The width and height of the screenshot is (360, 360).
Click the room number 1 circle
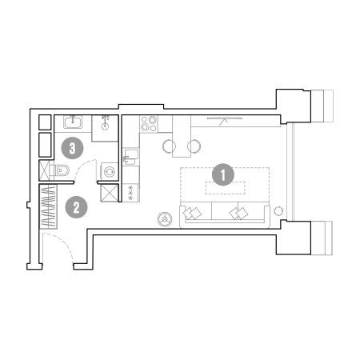(x=223, y=174)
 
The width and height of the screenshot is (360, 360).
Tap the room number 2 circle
(x=77, y=207)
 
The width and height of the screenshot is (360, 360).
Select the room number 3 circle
(x=73, y=148)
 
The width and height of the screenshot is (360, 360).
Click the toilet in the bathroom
(x=60, y=170)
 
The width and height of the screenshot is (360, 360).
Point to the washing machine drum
(x=110, y=171)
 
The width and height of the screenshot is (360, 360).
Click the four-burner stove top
(x=149, y=124)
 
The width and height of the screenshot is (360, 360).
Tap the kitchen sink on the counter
(x=130, y=157)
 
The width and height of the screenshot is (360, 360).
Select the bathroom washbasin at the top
(x=73, y=122)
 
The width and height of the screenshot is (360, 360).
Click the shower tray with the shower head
(x=105, y=128)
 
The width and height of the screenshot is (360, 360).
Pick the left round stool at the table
(x=169, y=146)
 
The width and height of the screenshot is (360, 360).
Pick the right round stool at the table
(x=194, y=146)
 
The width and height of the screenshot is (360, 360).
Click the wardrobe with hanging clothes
(x=48, y=206)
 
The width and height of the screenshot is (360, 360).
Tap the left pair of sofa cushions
(x=192, y=213)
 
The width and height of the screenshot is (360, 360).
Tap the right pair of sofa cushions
(x=238, y=213)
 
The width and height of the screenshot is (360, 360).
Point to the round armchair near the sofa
(x=165, y=219)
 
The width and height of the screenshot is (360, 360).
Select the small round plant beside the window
(x=278, y=211)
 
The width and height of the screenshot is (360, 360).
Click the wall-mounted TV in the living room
(x=225, y=118)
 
